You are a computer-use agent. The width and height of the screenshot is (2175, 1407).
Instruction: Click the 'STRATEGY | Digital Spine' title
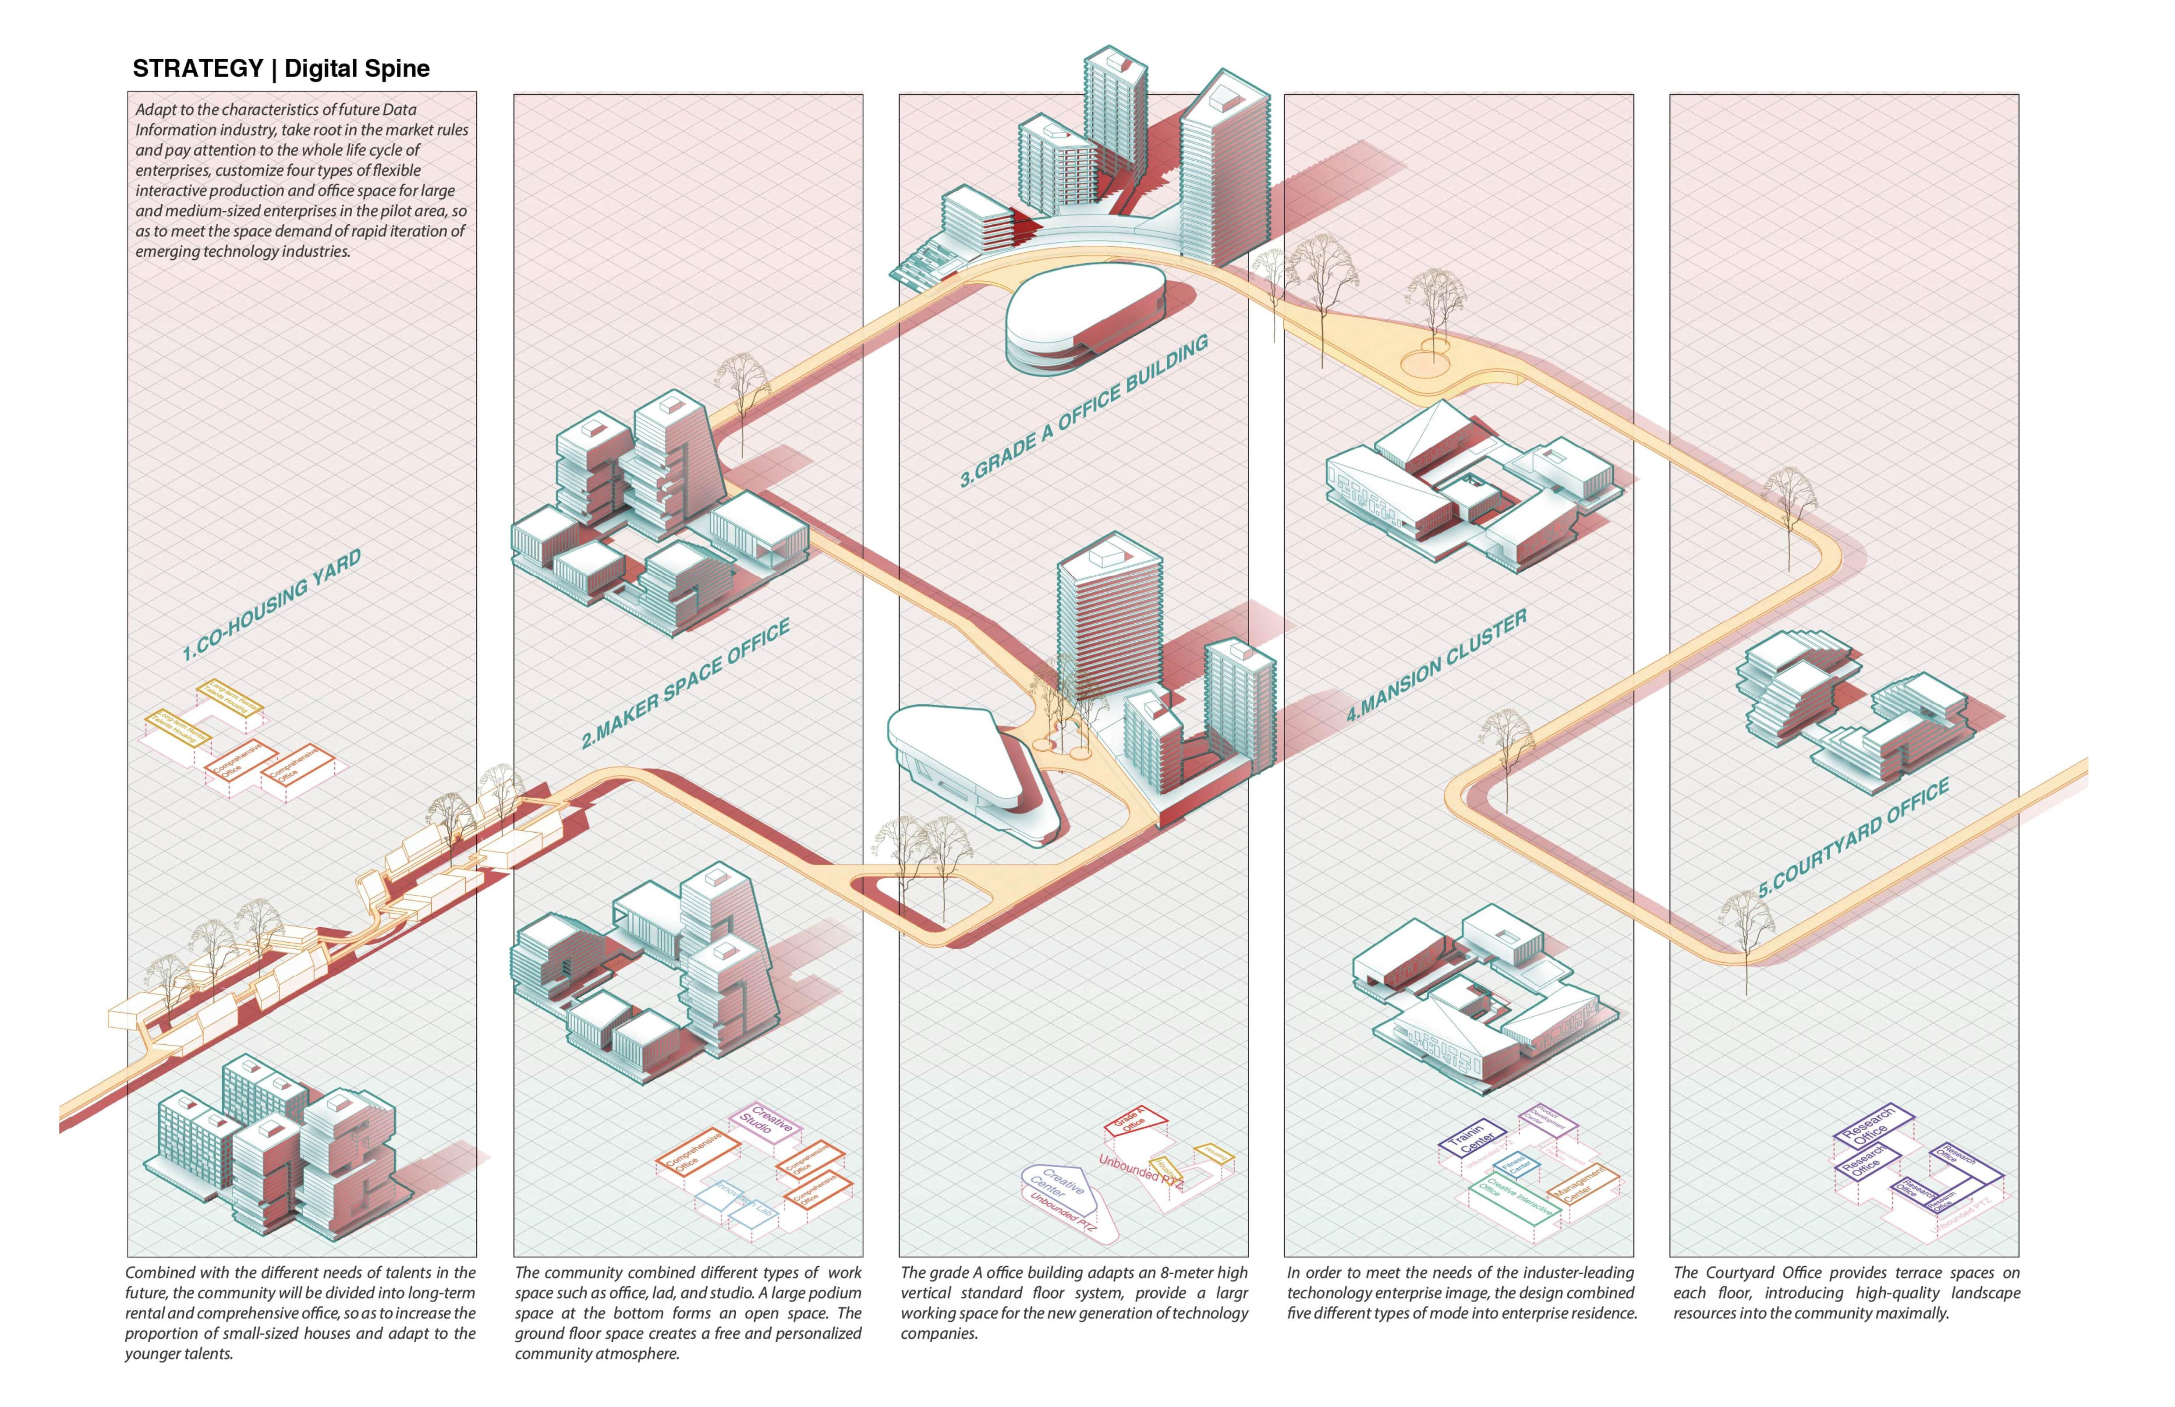280,68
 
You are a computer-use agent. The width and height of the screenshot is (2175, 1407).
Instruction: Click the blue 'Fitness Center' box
1517,1167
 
